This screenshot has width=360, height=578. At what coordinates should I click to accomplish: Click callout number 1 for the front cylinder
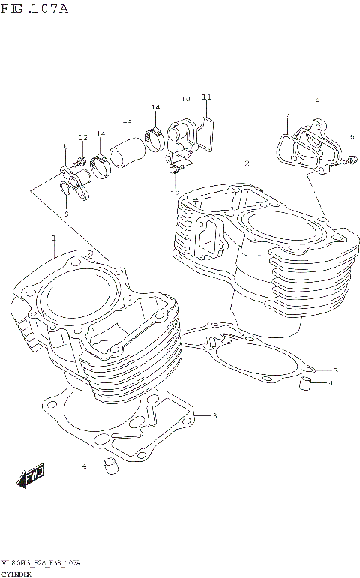click(x=54, y=238)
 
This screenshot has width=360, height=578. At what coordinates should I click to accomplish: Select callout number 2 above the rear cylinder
click(x=247, y=163)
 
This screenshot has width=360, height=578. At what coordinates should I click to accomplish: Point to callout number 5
click(x=317, y=99)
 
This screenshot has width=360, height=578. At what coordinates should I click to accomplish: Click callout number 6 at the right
click(x=350, y=136)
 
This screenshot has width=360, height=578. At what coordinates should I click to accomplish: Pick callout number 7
click(x=286, y=114)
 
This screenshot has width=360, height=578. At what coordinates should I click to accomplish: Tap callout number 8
click(x=66, y=146)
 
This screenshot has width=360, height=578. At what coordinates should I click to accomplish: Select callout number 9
click(x=66, y=214)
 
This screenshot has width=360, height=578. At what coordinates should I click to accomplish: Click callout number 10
click(x=185, y=99)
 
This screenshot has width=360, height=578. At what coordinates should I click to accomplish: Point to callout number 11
click(x=207, y=97)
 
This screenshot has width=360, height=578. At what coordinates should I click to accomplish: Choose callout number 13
click(x=127, y=121)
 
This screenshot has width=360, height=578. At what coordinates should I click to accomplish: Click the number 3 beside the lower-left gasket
click(x=214, y=415)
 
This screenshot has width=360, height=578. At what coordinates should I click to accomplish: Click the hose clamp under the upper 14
click(x=156, y=138)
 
